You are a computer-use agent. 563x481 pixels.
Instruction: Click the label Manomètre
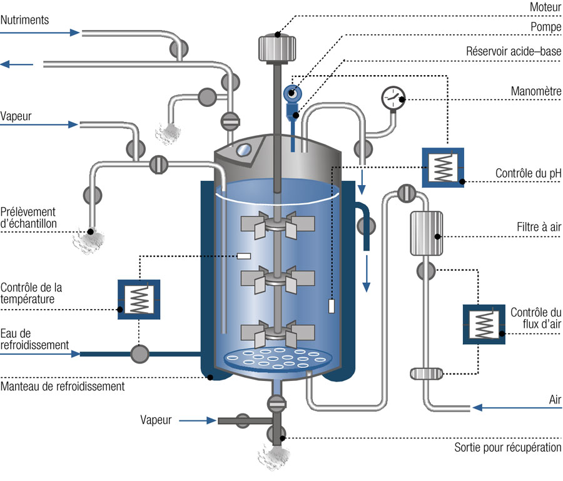click(x=535, y=91)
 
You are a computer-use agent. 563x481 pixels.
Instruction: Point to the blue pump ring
click(x=292, y=93)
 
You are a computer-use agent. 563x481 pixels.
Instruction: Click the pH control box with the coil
click(x=443, y=167)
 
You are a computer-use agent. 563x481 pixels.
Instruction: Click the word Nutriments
click(x=25, y=20)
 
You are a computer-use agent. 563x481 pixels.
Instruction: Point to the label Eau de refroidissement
click(x=34, y=339)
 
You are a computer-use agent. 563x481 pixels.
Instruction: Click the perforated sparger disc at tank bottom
click(x=278, y=358)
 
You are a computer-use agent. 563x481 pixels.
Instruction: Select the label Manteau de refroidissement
click(x=63, y=387)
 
